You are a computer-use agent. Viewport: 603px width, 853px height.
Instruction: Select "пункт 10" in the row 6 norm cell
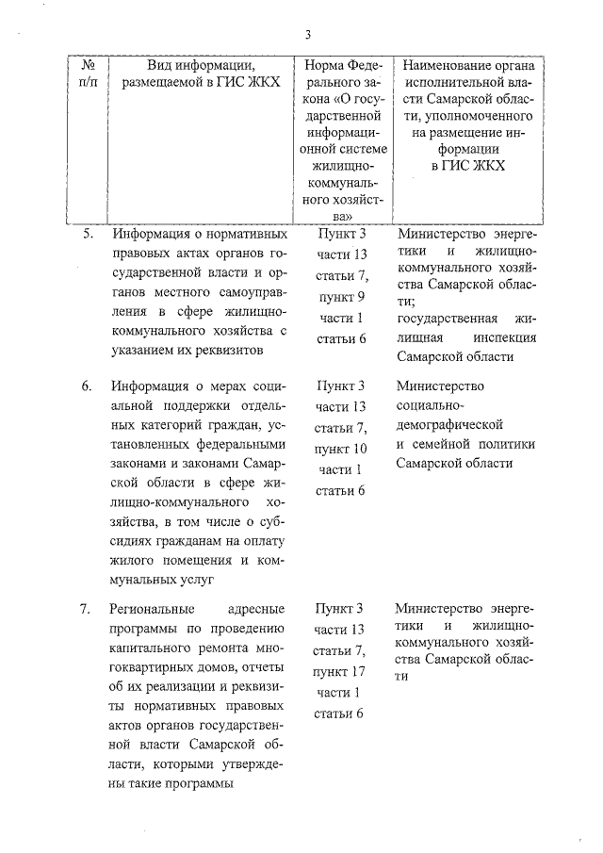pyautogui.click(x=341, y=448)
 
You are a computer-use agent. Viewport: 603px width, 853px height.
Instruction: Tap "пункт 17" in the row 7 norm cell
pyautogui.click(x=341, y=671)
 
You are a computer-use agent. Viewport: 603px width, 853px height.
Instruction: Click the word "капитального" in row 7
pyautogui.click(x=148, y=649)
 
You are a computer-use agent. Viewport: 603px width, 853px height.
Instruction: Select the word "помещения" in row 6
pyautogui.click(x=178, y=562)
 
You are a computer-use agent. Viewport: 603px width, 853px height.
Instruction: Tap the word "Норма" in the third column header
pyautogui.click(x=325, y=65)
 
